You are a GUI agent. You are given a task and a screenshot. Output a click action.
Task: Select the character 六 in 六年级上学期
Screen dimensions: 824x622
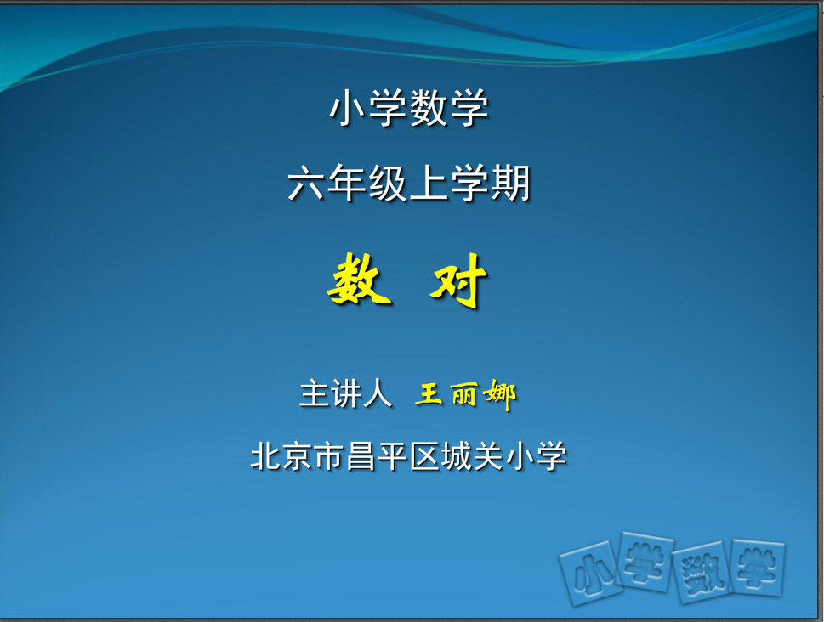coord(308,184)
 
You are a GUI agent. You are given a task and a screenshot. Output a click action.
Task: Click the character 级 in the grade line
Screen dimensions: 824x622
coord(389,184)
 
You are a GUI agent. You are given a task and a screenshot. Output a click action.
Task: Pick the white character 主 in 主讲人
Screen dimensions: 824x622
coord(315,394)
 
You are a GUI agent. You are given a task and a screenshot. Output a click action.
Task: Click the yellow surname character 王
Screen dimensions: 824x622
coord(429,394)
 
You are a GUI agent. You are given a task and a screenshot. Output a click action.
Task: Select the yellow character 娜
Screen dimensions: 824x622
coord(500,394)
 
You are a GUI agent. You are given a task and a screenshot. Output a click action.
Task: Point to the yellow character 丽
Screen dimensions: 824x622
coord(463,394)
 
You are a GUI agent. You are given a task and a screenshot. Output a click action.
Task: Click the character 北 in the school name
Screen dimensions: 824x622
coord(266,456)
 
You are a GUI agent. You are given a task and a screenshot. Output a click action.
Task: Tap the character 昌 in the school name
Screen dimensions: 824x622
coord(361,456)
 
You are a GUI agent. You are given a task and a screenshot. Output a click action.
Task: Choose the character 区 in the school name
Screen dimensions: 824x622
coord(424,456)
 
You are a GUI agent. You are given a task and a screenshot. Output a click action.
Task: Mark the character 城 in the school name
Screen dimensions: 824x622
coord(456,456)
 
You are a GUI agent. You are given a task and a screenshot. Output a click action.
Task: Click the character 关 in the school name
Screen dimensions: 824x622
coord(488,456)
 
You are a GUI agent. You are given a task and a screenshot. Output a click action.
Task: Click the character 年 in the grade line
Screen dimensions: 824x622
coord(347,184)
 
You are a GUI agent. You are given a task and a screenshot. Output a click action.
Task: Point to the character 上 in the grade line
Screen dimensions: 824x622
coord(429,184)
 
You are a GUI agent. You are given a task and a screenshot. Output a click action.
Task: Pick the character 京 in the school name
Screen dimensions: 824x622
coord(298,456)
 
